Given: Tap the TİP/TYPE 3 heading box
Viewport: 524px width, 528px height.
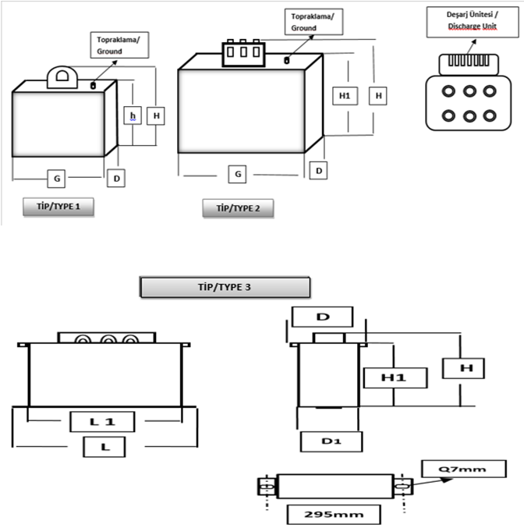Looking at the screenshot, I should [x=225, y=287].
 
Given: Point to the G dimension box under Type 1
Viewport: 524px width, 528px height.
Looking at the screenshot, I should [x=57, y=179].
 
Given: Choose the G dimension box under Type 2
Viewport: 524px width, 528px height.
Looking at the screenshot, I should [x=238, y=173].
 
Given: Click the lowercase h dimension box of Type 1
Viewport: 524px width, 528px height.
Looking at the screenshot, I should [x=133, y=115].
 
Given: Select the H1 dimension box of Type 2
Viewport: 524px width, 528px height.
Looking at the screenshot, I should [x=343, y=95].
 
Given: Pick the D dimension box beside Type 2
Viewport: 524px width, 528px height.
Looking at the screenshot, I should [x=319, y=169].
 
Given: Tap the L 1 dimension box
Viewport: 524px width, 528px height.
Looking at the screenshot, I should [x=102, y=421].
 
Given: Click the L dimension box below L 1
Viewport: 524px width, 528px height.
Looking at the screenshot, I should [x=101, y=447].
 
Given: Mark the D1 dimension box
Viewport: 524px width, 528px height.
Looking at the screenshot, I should [x=331, y=441].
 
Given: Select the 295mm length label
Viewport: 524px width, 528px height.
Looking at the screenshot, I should [x=333, y=515].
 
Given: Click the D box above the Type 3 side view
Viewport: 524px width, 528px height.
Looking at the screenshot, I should [x=321, y=317].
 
